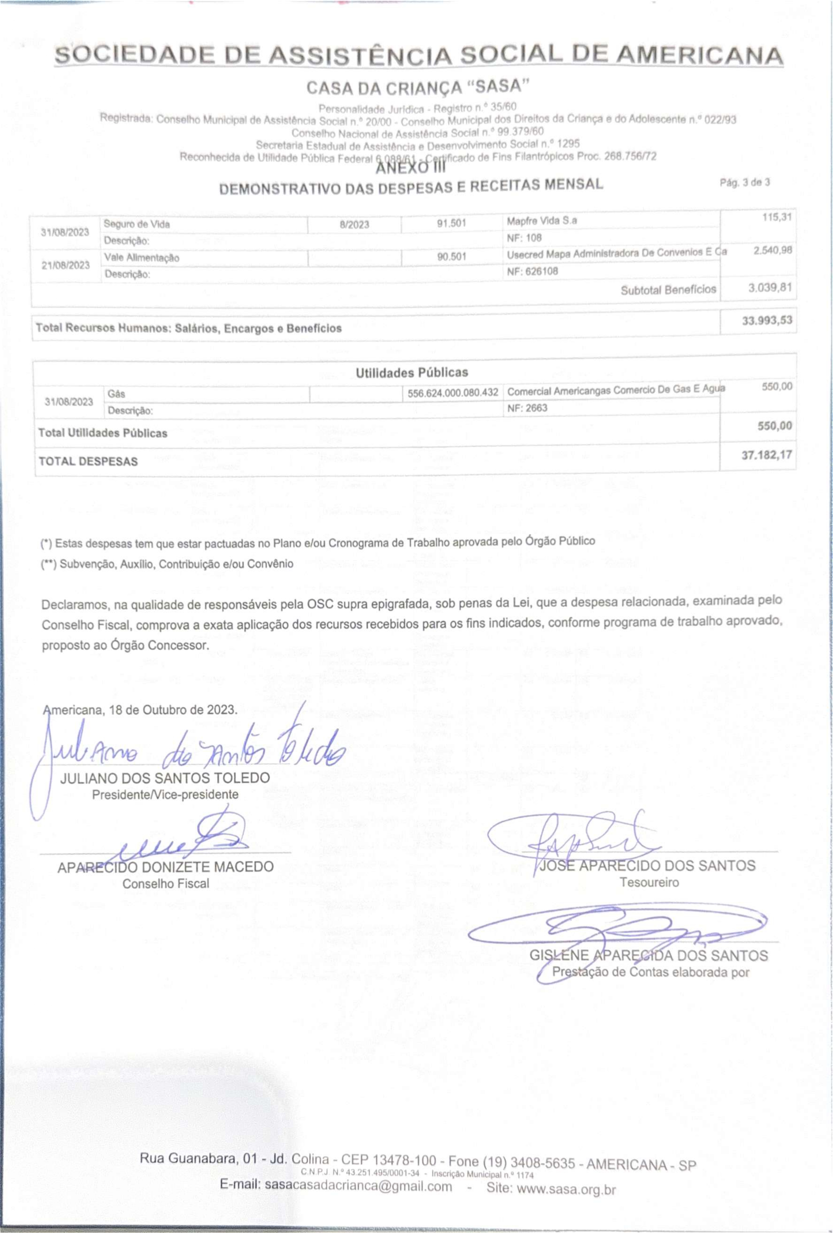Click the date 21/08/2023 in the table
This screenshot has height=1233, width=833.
[x=65, y=265]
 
